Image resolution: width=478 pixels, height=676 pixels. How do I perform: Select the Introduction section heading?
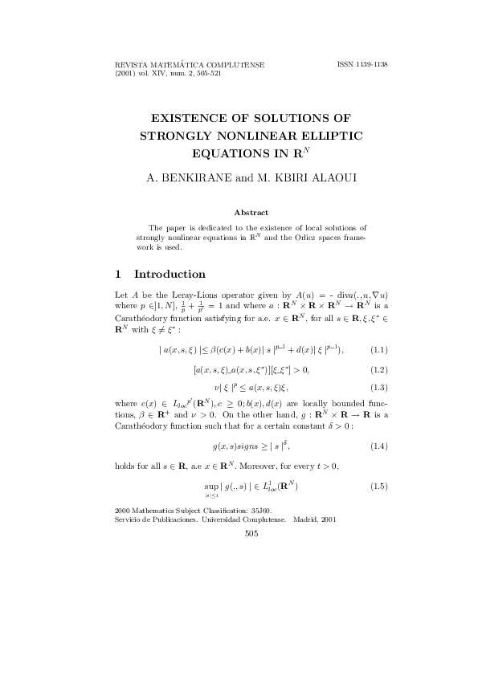171,274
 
